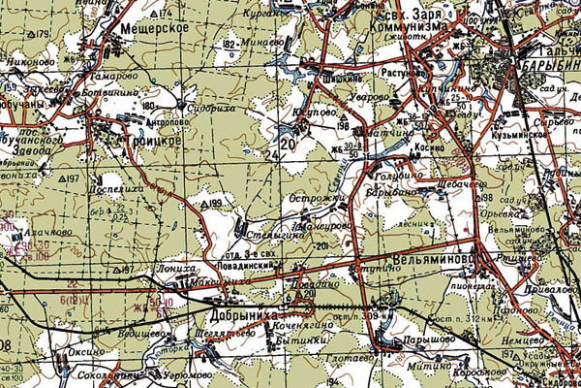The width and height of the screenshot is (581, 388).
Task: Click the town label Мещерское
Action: (154, 29)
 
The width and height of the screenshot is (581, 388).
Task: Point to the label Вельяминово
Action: (434, 261)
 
